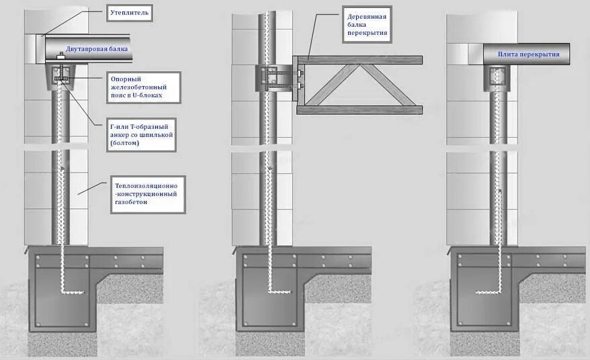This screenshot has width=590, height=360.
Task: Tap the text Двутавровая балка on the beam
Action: [x=94, y=50]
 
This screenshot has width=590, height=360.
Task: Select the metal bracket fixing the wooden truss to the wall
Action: [x=299, y=79]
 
